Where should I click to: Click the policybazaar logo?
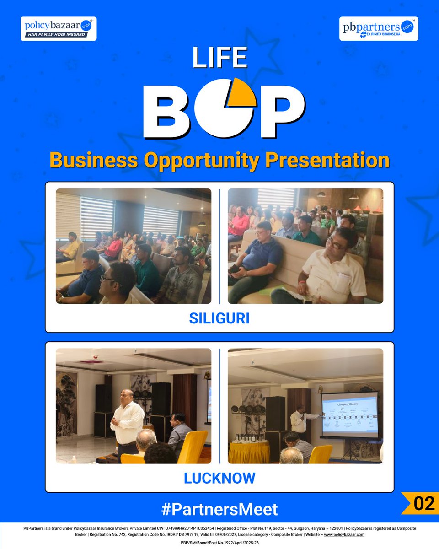pos(59,28)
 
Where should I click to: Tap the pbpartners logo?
pos(379,28)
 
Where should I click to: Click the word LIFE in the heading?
pos(219,58)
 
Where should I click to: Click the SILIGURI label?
pos(219,318)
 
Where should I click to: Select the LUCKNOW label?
pos(219,479)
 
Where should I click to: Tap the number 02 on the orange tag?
pos(423,503)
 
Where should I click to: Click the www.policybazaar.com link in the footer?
pos(344,534)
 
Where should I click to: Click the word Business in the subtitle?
pos(94,161)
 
